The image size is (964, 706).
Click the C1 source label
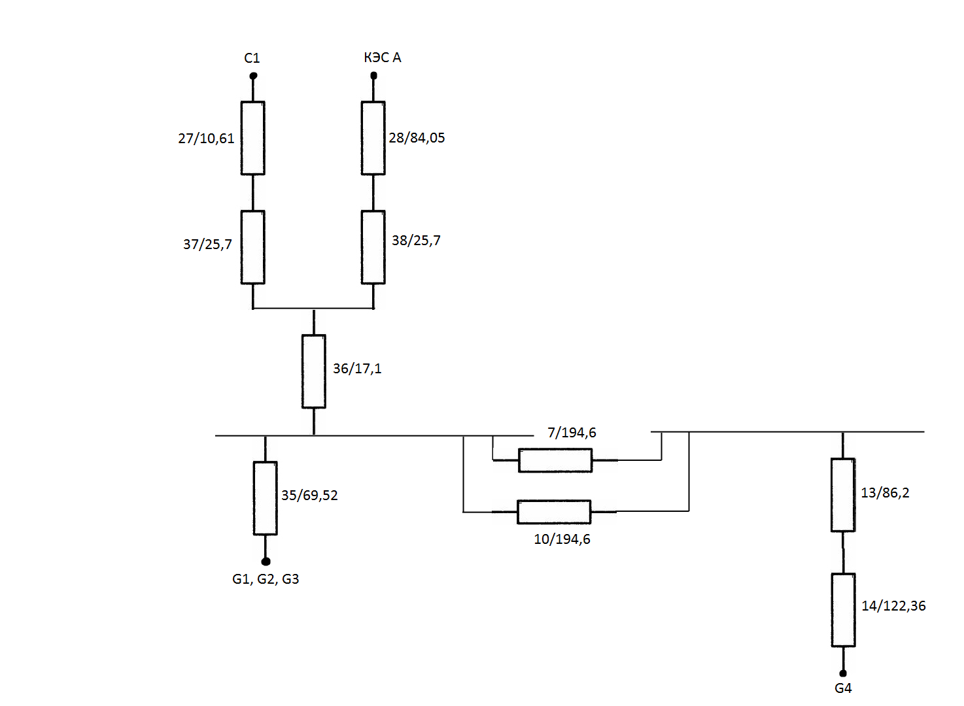pyautogui.click(x=252, y=58)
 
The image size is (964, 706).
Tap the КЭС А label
pyautogui.click(x=383, y=58)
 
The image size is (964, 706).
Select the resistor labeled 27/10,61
pyautogui.click(x=253, y=138)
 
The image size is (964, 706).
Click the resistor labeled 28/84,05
pyautogui.click(x=373, y=138)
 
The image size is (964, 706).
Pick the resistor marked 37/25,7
pyautogui.click(x=253, y=247)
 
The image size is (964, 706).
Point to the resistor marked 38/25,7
pyautogui.click(x=373, y=247)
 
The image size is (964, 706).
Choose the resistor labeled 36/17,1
pyautogui.click(x=314, y=371)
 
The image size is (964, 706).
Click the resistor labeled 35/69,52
pyautogui.click(x=265, y=498)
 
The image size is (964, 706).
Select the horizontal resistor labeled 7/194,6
pyautogui.click(x=555, y=460)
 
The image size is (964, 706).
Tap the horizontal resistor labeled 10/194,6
pyautogui.click(x=554, y=512)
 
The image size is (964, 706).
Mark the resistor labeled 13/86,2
pyautogui.click(x=843, y=495)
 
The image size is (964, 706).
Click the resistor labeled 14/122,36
pyautogui.click(x=843, y=610)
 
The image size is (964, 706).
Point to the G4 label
pyautogui.click(x=843, y=688)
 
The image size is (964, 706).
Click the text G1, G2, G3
pyautogui.click(x=266, y=579)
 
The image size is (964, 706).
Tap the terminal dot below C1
pyautogui.click(x=253, y=76)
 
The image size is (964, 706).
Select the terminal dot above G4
pyautogui.click(x=843, y=673)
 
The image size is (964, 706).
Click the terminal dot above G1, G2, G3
pyautogui.click(x=266, y=562)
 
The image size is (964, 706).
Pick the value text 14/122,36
pyautogui.click(x=893, y=606)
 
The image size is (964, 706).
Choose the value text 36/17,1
pyautogui.click(x=357, y=369)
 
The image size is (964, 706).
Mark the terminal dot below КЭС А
pyautogui.click(x=374, y=76)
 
